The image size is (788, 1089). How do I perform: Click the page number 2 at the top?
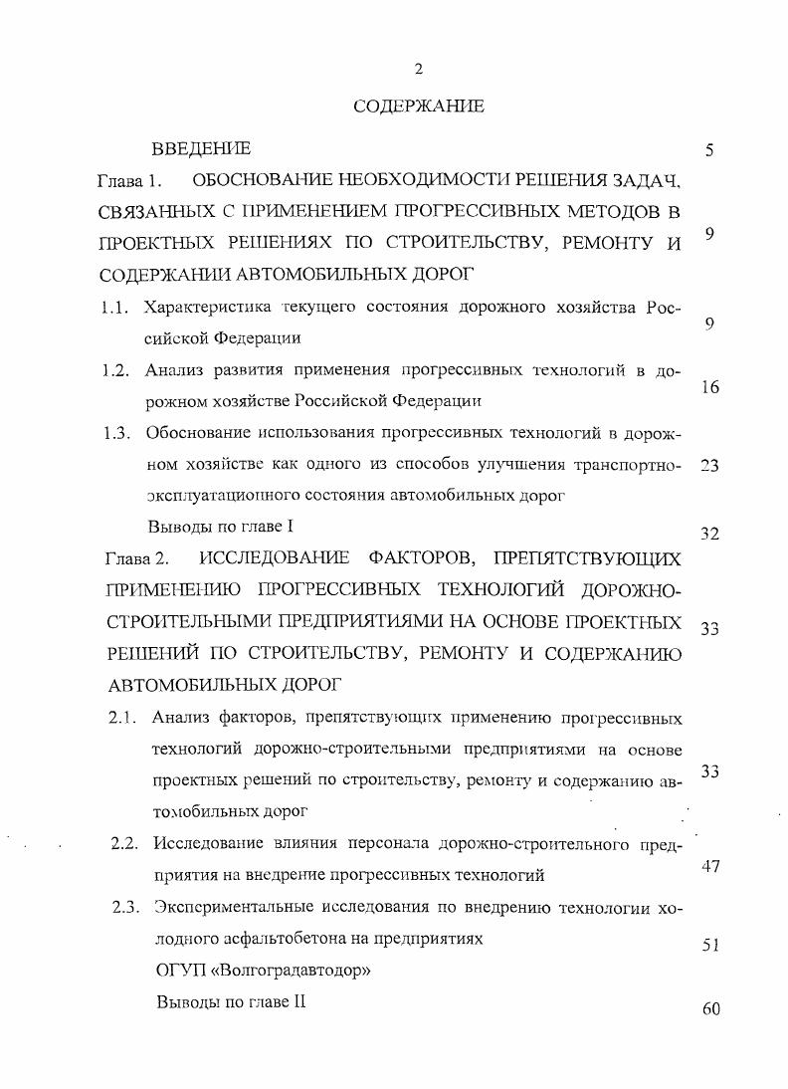point(419,69)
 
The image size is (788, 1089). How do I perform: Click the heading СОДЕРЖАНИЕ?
point(419,106)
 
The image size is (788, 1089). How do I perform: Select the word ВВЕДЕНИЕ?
point(201,149)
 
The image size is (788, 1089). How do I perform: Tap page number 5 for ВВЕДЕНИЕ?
point(709,151)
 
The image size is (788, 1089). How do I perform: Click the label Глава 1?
point(128,182)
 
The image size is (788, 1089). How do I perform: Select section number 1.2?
point(117,371)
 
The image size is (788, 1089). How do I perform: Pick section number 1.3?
point(117,433)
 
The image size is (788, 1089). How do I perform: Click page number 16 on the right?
point(709,388)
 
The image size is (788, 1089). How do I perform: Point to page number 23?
point(709,465)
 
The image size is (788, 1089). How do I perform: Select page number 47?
point(709,866)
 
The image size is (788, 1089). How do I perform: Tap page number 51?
point(709,946)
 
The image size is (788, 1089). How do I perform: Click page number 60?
point(709,1010)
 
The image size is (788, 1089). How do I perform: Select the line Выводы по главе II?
point(230,1002)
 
